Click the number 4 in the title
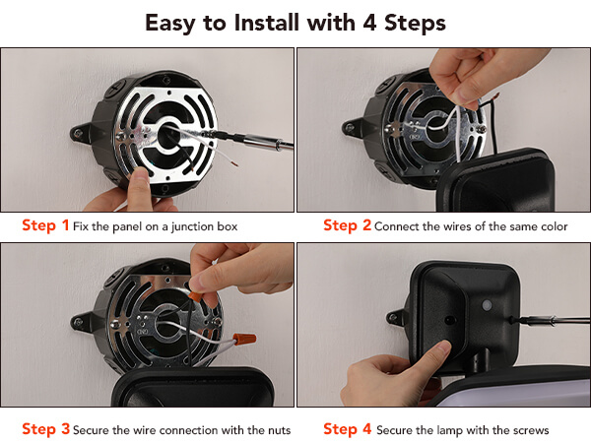pyautogui.click(x=369, y=23)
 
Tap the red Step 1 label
pyautogui.click(x=45, y=225)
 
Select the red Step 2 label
pyautogui.click(x=347, y=225)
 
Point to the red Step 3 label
pyautogui.click(x=45, y=429)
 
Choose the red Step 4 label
pyautogui.click(x=347, y=429)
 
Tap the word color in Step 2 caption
pyautogui.click(x=554, y=226)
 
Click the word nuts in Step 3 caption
pyautogui.click(x=280, y=430)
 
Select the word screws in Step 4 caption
pyautogui.click(x=532, y=430)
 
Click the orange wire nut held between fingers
pyautogui.click(x=195, y=295)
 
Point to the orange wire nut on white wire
pyautogui.click(x=244, y=340)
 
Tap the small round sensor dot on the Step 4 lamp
pyautogui.click(x=487, y=305)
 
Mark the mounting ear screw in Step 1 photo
pyautogui.click(x=78, y=133)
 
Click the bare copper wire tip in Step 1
pyautogui.click(x=234, y=163)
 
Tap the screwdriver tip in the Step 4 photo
pyautogui.click(x=513, y=321)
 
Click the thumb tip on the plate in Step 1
pyautogui.click(x=140, y=176)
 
